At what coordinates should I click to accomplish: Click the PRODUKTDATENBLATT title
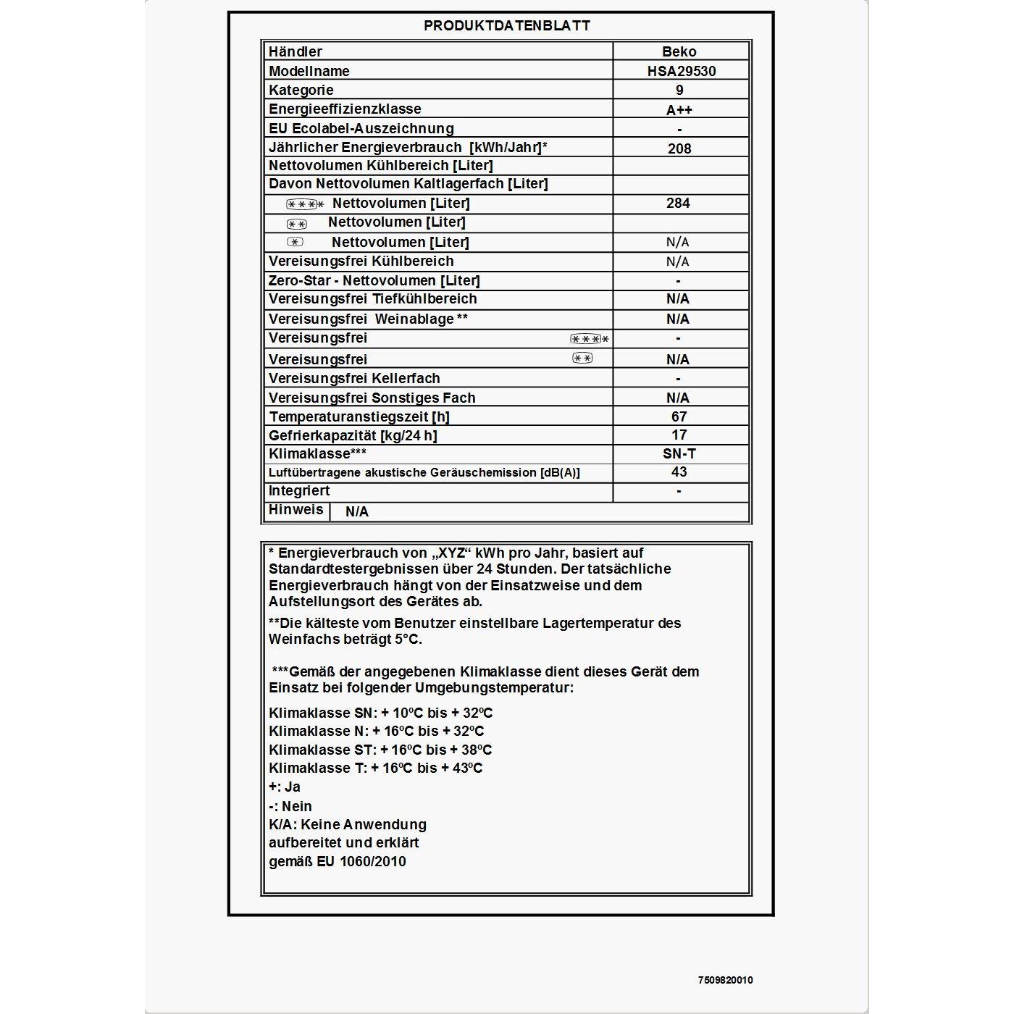(x=507, y=26)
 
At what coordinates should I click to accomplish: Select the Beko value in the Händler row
(x=679, y=52)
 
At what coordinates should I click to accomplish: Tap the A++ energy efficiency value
(x=679, y=110)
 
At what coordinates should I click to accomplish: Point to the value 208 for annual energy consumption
(x=679, y=148)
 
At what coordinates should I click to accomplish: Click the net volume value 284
(x=678, y=204)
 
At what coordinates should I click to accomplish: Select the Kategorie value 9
(x=679, y=91)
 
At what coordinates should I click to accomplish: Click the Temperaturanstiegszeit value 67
(x=679, y=416)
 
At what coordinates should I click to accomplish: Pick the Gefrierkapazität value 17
(x=679, y=435)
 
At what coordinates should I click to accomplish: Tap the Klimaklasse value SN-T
(x=679, y=454)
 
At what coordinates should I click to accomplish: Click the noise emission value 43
(x=679, y=472)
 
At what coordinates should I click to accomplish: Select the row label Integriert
(x=299, y=491)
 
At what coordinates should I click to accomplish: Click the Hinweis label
(x=296, y=510)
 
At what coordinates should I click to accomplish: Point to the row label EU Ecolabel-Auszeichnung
(x=361, y=129)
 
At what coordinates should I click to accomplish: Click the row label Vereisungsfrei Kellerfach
(x=354, y=379)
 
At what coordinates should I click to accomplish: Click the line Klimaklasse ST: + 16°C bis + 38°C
(x=380, y=750)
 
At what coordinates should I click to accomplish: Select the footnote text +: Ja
(x=285, y=787)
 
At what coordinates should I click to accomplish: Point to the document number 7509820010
(x=725, y=980)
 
